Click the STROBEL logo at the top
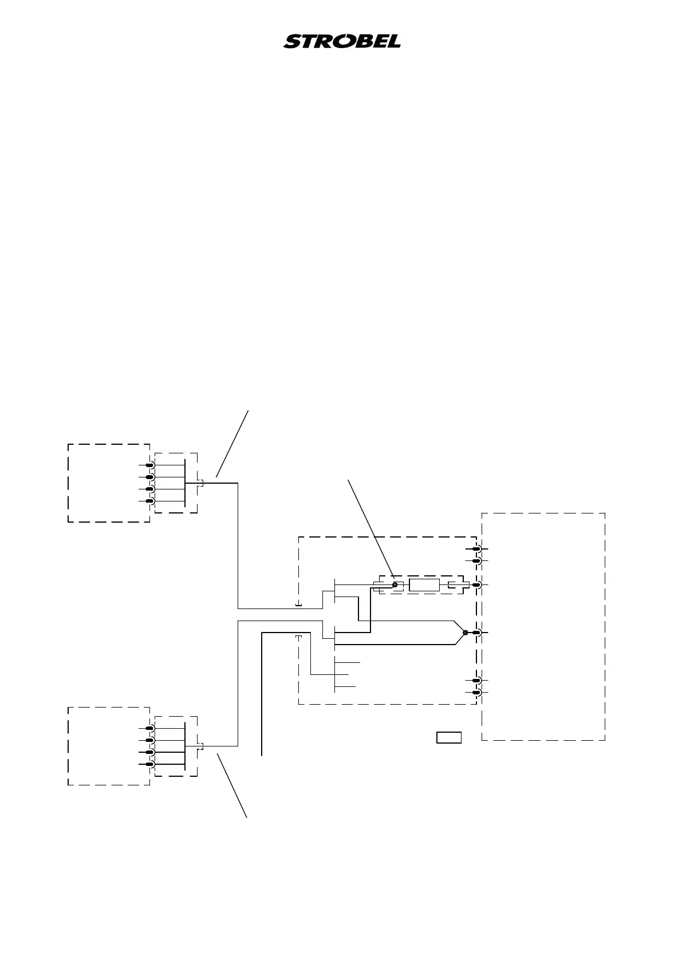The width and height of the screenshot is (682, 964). point(342,41)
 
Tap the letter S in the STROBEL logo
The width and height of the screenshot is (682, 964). point(293,42)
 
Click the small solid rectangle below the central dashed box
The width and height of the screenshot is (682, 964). point(449,737)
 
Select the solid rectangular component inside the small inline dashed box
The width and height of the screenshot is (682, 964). point(424,584)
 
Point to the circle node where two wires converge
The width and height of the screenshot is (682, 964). point(466,633)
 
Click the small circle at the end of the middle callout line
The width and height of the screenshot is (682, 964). point(395,584)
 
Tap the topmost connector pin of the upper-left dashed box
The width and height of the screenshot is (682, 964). point(150,465)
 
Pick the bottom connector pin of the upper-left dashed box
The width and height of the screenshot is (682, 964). point(150,501)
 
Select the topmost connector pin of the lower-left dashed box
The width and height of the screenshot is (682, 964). point(150,728)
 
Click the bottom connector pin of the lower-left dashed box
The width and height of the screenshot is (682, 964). point(150,764)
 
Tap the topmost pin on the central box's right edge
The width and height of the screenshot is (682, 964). point(476,550)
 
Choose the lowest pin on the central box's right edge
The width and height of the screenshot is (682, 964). point(476,693)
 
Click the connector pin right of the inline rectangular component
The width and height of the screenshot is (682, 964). point(476,584)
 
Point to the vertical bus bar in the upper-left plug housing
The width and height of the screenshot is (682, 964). point(185,483)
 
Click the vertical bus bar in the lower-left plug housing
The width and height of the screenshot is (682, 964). point(185,746)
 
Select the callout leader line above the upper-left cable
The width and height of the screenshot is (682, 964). point(232,443)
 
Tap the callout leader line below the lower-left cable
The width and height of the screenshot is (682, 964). point(232,786)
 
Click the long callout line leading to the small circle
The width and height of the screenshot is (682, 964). point(371,527)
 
